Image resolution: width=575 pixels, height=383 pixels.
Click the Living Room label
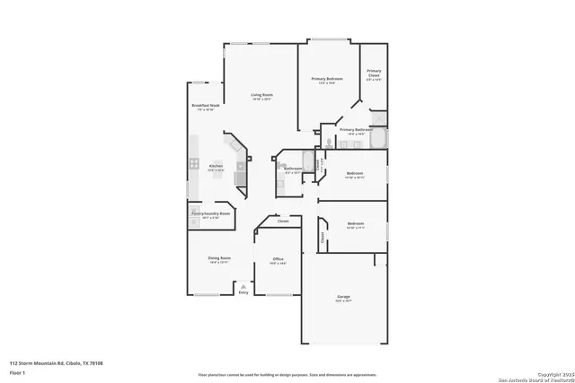[261, 94]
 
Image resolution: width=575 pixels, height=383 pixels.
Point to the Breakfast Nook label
[205, 106]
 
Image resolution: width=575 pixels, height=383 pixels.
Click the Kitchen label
[216, 166]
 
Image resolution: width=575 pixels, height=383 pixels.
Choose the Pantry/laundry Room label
[210, 213]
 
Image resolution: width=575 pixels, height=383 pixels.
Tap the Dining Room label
[220, 258]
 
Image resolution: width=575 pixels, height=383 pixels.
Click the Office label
[279, 259]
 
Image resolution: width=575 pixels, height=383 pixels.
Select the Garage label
[344, 297]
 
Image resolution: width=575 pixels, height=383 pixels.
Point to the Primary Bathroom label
[357, 130]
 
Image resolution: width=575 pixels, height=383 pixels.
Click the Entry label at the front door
[243, 292]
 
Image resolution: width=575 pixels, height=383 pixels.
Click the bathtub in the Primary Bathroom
[378, 139]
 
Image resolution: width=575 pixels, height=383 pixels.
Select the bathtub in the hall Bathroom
[308, 162]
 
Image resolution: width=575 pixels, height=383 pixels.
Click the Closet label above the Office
[283, 221]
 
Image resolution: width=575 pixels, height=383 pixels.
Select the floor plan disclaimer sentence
[288, 374]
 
